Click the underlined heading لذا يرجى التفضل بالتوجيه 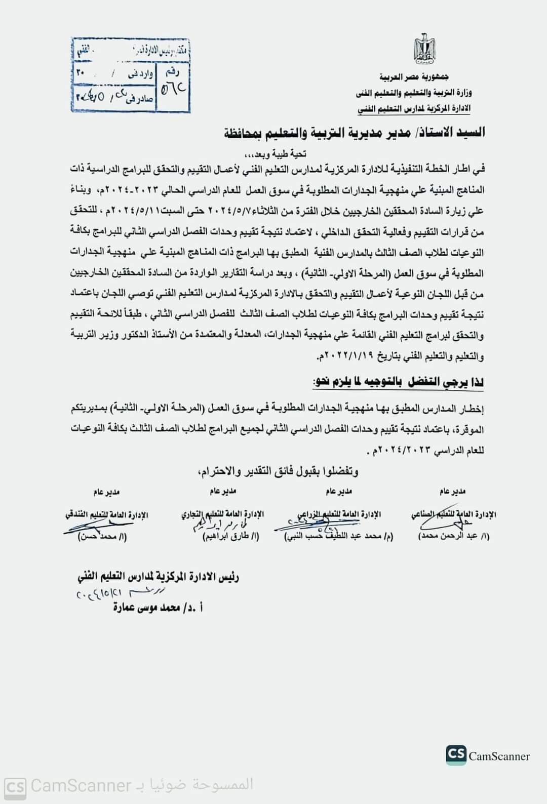[x=398, y=382]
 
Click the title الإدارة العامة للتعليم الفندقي [x=107, y=515]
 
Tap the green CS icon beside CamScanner [x=456, y=754]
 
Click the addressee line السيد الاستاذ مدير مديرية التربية [x=355, y=133]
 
